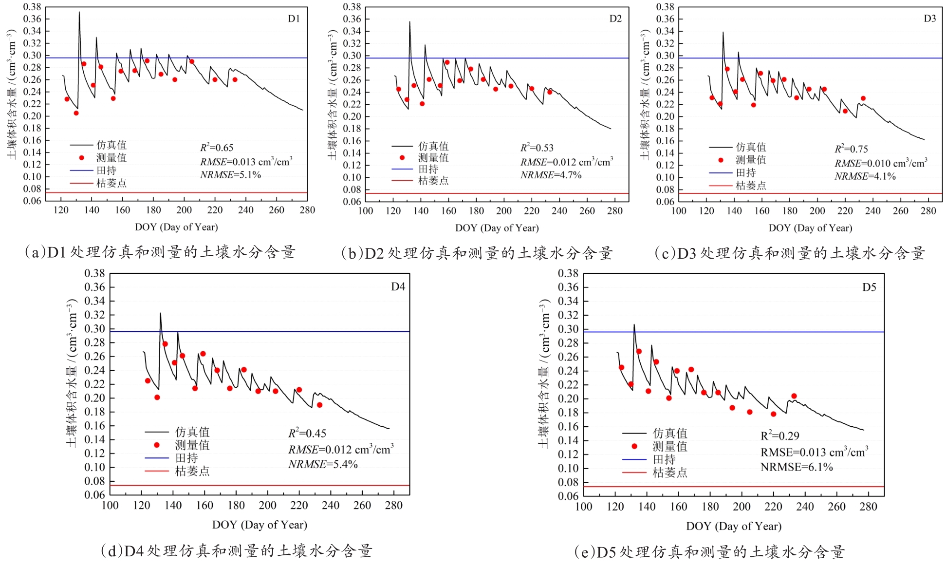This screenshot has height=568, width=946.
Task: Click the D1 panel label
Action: click(x=294, y=19)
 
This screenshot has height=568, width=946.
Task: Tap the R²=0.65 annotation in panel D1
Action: click(x=217, y=148)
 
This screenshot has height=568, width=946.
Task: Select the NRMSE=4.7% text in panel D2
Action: click(x=551, y=175)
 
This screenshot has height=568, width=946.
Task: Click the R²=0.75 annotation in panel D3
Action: click(x=851, y=149)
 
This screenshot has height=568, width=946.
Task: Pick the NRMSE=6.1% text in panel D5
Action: click(x=797, y=467)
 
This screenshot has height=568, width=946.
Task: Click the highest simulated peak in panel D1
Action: click(x=79, y=13)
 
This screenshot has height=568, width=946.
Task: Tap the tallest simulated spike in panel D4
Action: click(x=160, y=314)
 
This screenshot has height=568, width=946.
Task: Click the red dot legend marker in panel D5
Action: click(x=634, y=446)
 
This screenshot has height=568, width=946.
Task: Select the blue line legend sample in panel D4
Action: click(x=156, y=458)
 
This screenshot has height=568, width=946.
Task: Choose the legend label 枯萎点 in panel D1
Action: click(x=111, y=183)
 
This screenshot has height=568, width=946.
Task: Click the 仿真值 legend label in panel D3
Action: click(x=751, y=147)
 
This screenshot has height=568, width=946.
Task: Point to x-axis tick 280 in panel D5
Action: click(x=868, y=507)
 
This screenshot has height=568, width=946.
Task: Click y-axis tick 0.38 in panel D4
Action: click(x=94, y=273)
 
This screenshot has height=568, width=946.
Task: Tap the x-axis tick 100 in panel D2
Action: click(x=366, y=211)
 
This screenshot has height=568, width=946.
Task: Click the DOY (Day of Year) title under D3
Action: click(x=810, y=228)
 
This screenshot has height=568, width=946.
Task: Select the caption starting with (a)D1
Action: click(x=160, y=252)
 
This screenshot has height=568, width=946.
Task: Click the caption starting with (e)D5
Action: click(x=709, y=552)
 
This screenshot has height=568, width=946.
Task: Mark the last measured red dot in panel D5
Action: click(x=794, y=396)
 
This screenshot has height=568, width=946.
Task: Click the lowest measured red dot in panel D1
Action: click(x=76, y=113)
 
